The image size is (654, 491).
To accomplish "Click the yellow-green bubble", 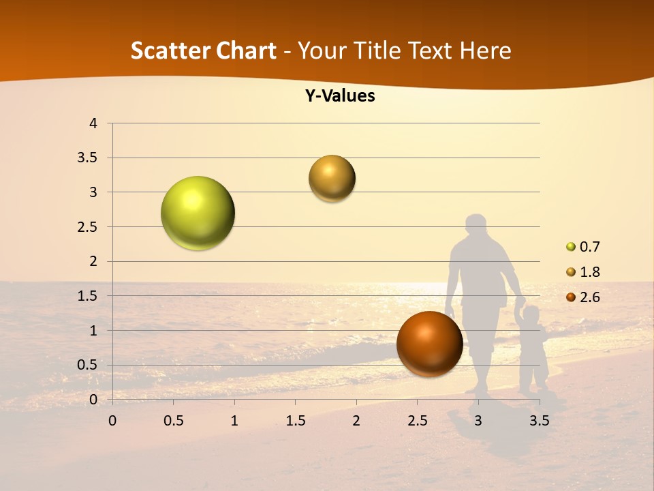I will point(198,213).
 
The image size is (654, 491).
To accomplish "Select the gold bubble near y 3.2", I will point(332,179).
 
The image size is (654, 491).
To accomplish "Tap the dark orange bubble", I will point(429,344).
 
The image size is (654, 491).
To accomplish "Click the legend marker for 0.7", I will point(571,247).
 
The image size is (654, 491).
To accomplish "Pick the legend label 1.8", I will point(589,272).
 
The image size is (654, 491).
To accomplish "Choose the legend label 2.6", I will point(589,297).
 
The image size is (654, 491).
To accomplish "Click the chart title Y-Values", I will point(339,96).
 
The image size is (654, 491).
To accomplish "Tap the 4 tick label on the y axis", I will point(93,123).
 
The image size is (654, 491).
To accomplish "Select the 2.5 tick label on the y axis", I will point(87,227).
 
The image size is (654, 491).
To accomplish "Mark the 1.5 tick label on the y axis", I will point(87,296).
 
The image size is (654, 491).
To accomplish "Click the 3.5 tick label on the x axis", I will point(539,421).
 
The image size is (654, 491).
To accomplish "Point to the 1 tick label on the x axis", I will point(234,421).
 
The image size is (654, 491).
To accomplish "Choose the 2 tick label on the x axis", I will point(356,421).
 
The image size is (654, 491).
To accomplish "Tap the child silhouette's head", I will point(531,315).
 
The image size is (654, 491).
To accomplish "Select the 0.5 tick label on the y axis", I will point(87,365).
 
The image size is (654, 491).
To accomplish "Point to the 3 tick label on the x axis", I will point(478,421).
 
